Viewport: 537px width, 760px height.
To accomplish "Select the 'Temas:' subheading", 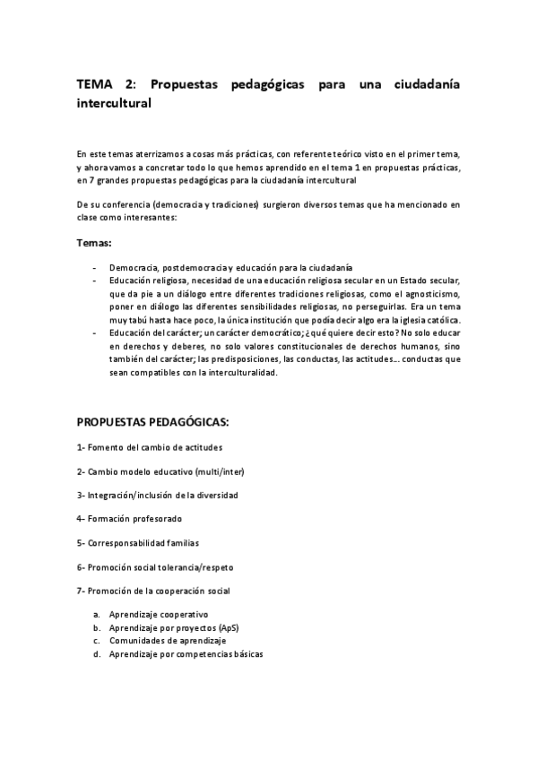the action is click(94, 243).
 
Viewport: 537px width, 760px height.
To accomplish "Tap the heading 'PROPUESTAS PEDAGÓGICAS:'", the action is click(152, 420).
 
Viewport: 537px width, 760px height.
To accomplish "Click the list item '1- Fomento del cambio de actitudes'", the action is click(150, 446).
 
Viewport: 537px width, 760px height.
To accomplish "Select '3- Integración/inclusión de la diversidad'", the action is click(158, 495).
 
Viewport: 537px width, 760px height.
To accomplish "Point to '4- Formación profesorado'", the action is click(129, 518).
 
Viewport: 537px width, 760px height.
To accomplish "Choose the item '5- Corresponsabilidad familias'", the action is click(138, 542).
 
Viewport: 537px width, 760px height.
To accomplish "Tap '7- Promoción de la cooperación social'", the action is click(153, 591).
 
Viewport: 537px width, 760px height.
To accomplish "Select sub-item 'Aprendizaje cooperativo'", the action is click(159, 615).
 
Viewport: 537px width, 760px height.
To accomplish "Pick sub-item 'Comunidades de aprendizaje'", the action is click(168, 641).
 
